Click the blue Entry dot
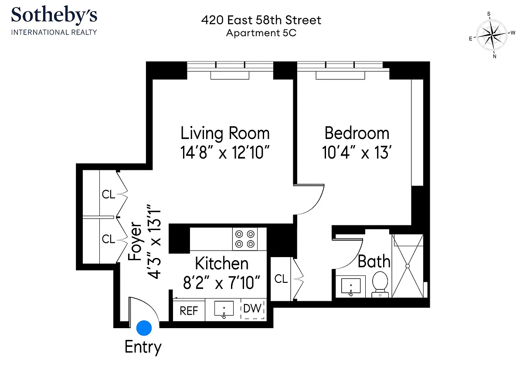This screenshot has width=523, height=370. pyautogui.click(x=144, y=328)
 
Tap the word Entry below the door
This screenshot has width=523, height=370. pyautogui.click(x=143, y=348)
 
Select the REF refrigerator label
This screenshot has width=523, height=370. pyautogui.click(x=189, y=311)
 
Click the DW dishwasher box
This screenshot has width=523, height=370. pyautogui.click(x=252, y=309)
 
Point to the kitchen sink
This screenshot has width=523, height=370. pyautogui.click(x=224, y=309)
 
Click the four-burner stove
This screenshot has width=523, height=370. pyautogui.click(x=245, y=239)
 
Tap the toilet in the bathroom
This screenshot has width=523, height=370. pyautogui.click(x=380, y=285)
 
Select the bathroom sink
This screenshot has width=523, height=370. pyautogui.click(x=351, y=286)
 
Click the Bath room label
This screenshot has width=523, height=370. pyautogui.click(x=374, y=261)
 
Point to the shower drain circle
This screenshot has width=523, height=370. pyautogui.click(x=408, y=266)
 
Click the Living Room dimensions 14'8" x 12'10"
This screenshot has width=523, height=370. pyautogui.click(x=225, y=153)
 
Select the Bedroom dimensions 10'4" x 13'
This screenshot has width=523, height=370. pyautogui.click(x=357, y=153)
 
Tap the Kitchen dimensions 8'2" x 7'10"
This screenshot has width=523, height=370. pyautogui.click(x=221, y=283)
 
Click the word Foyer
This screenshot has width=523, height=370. pyautogui.click(x=135, y=241)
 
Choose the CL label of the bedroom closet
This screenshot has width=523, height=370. pyautogui.click(x=281, y=279)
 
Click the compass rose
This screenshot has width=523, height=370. pyautogui.click(x=492, y=35)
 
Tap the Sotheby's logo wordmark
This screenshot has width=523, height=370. pyautogui.click(x=54, y=15)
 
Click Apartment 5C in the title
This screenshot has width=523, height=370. pyautogui.click(x=261, y=33)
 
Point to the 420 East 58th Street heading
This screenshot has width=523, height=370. pyautogui.click(x=261, y=20)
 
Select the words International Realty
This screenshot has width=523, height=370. pyautogui.click(x=54, y=32)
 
